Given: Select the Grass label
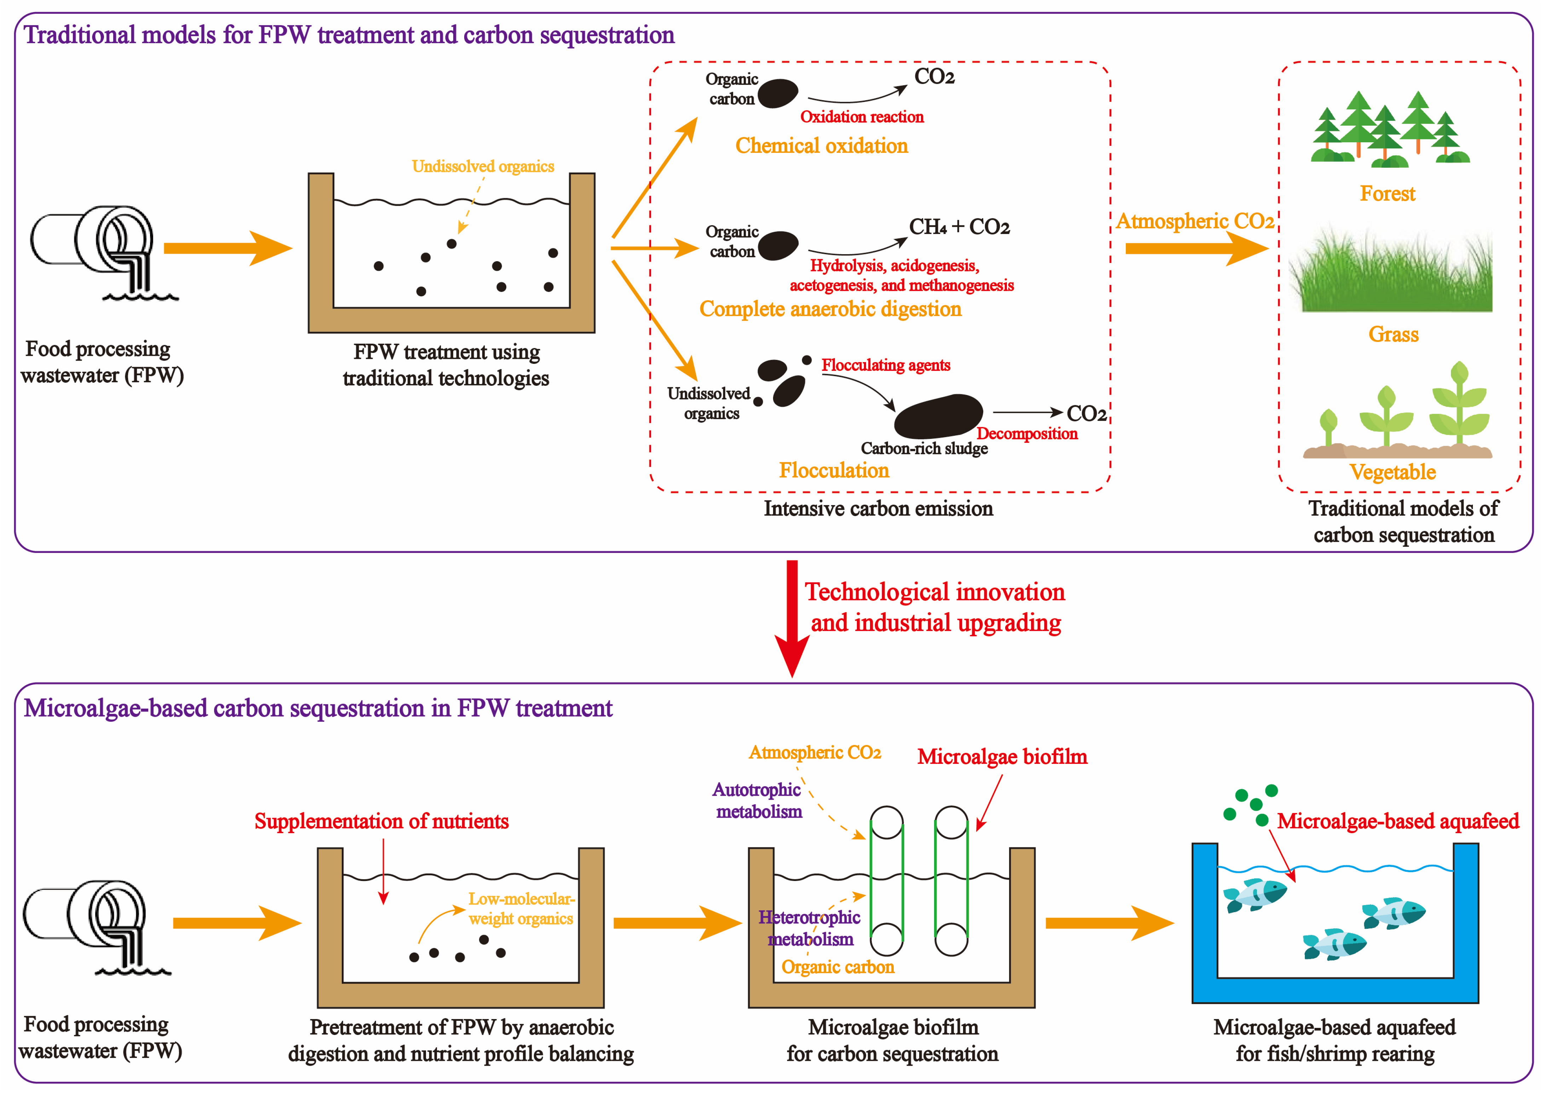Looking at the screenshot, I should (x=1393, y=334).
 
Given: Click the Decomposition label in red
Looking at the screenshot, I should (x=1027, y=434).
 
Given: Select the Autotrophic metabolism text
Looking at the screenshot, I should (x=757, y=800).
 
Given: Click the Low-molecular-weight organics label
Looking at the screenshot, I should (x=521, y=909).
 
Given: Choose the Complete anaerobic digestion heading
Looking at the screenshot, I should (x=830, y=309).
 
